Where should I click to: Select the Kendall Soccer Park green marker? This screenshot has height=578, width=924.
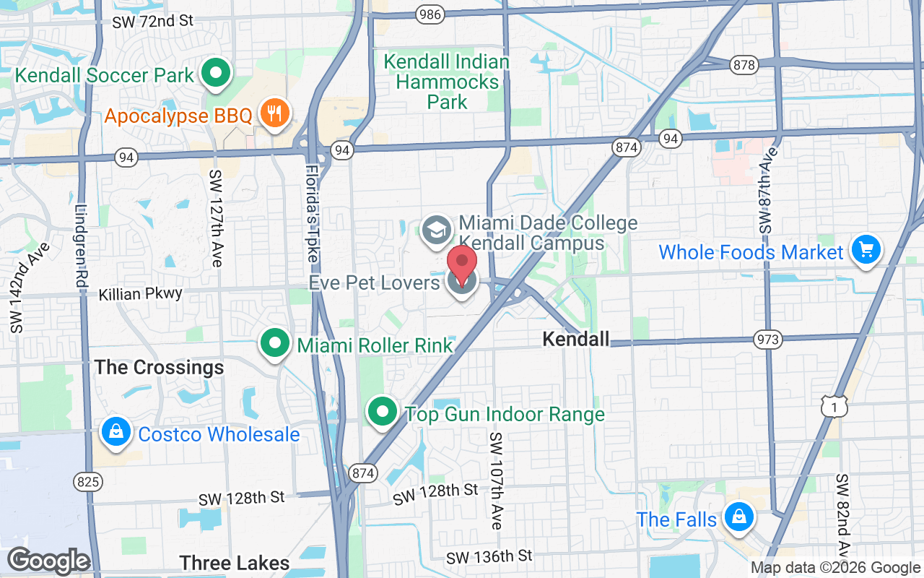pos(215,73)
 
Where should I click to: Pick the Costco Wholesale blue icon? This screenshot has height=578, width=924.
pos(115,432)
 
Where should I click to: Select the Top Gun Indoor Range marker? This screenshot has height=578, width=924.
pos(383,413)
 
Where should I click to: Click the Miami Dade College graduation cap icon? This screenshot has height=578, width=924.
pos(436,230)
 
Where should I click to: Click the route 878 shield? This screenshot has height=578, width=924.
pos(744,65)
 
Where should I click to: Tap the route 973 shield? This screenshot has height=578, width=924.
pos(767,338)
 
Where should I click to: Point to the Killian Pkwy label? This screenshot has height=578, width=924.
pos(140,294)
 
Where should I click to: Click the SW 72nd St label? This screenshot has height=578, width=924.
pos(152,21)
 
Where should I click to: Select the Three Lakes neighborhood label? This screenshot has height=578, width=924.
pos(234,563)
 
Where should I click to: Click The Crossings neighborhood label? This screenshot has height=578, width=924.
pos(160,367)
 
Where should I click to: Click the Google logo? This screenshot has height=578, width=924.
pos(48,561)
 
